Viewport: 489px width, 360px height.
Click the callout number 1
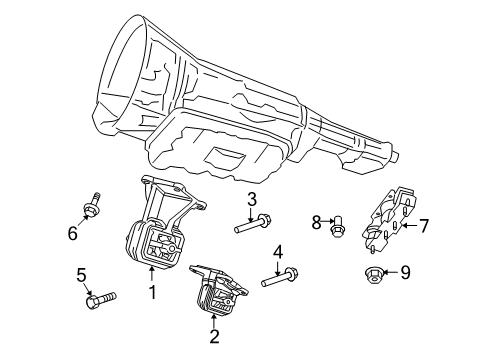point(152,293)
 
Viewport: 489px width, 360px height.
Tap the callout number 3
point(253,199)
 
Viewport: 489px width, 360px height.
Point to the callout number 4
point(279,251)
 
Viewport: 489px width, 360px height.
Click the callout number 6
point(72,233)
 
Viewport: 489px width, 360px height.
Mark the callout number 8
point(316,221)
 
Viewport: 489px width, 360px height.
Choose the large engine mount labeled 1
point(154,235)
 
